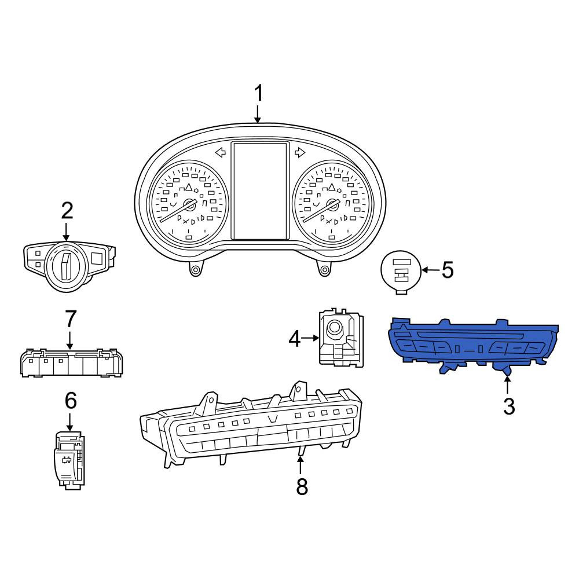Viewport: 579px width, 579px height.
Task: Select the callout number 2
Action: (x=67, y=211)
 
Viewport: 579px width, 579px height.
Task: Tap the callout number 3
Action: (x=509, y=406)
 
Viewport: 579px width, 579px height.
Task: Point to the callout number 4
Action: (x=294, y=339)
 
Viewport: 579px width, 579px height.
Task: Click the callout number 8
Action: (x=302, y=486)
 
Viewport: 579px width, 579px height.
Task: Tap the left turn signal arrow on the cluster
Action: (x=221, y=152)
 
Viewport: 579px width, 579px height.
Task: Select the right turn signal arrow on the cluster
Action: (x=300, y=152)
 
